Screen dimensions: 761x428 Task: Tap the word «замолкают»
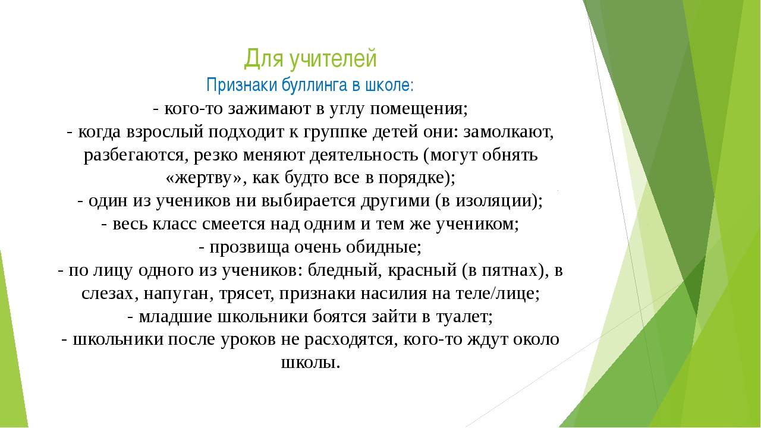505,132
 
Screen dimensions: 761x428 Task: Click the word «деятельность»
364,155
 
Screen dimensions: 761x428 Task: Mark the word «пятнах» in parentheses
510,270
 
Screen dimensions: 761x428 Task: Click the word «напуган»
177,294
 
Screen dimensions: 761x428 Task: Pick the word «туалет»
462,317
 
